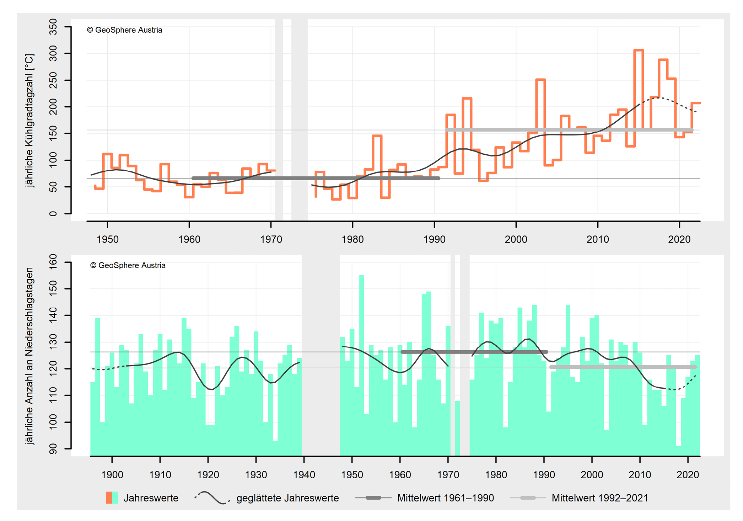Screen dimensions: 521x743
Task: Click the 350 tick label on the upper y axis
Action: coord(53,27)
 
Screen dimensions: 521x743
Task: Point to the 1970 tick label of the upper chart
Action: coord(271,239)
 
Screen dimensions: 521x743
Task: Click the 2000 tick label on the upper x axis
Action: coord(516,239)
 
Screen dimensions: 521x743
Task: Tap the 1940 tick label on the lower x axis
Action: coord(304,475)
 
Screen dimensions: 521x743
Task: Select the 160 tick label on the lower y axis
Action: coord(53,262)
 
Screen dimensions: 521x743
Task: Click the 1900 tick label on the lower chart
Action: coord(112,475)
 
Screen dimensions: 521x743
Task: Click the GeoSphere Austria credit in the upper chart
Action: coord(125,30)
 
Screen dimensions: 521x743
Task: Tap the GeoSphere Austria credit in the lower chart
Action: coord(128,266)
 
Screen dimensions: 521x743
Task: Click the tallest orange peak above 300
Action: coord(639,50)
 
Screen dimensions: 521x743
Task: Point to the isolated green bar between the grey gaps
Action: coord(457,427)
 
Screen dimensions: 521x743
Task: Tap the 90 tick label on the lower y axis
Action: coord(53,449)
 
